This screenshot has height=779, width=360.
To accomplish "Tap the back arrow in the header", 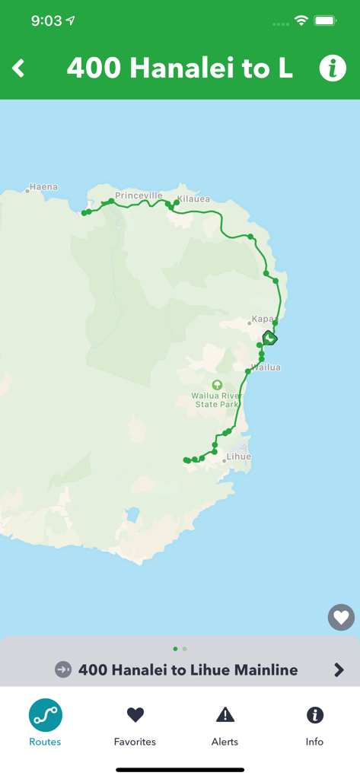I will coord(19,68).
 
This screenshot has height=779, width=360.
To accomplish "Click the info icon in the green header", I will coord(332,68).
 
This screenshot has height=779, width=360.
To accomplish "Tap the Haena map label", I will coord(43,187).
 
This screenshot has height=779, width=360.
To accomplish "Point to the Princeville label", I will coord(139,196).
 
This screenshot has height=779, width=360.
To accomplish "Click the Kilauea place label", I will coord(193,199).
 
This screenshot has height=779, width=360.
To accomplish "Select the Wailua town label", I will coord(266,367).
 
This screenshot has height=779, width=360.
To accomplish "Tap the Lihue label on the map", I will coord(238,456).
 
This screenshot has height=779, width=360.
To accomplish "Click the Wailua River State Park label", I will coord(217,400).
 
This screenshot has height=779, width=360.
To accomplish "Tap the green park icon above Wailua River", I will coord(217,385).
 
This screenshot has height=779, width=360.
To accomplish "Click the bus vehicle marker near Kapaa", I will coord(269,338).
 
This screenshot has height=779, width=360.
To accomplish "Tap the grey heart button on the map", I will coord(341,617).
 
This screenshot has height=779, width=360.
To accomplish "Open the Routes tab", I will coord(45,723).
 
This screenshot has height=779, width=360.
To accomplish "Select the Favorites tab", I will coord(135,723).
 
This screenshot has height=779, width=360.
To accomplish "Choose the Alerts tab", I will coord(225,723).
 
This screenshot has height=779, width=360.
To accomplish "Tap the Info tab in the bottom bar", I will coord(314,723).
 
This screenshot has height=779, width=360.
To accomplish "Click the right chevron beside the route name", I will coord(339,670).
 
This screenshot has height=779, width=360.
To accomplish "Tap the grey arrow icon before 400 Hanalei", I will coord(63,669).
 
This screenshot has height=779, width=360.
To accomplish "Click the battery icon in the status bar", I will coord(325,21).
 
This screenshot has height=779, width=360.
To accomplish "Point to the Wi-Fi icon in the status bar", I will coord(301,21).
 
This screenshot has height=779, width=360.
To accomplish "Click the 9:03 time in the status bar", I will coord(46,21).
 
